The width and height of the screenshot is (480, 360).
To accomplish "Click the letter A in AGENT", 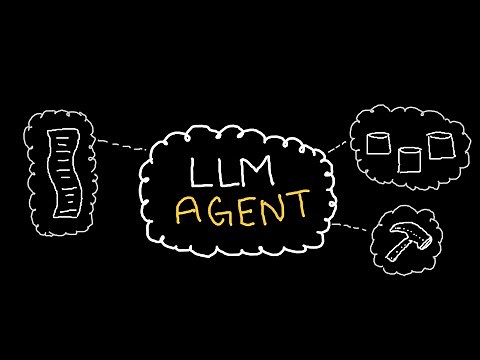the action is [x=187, y=210].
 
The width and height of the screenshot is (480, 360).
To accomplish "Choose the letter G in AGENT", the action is [x=214, y=209].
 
